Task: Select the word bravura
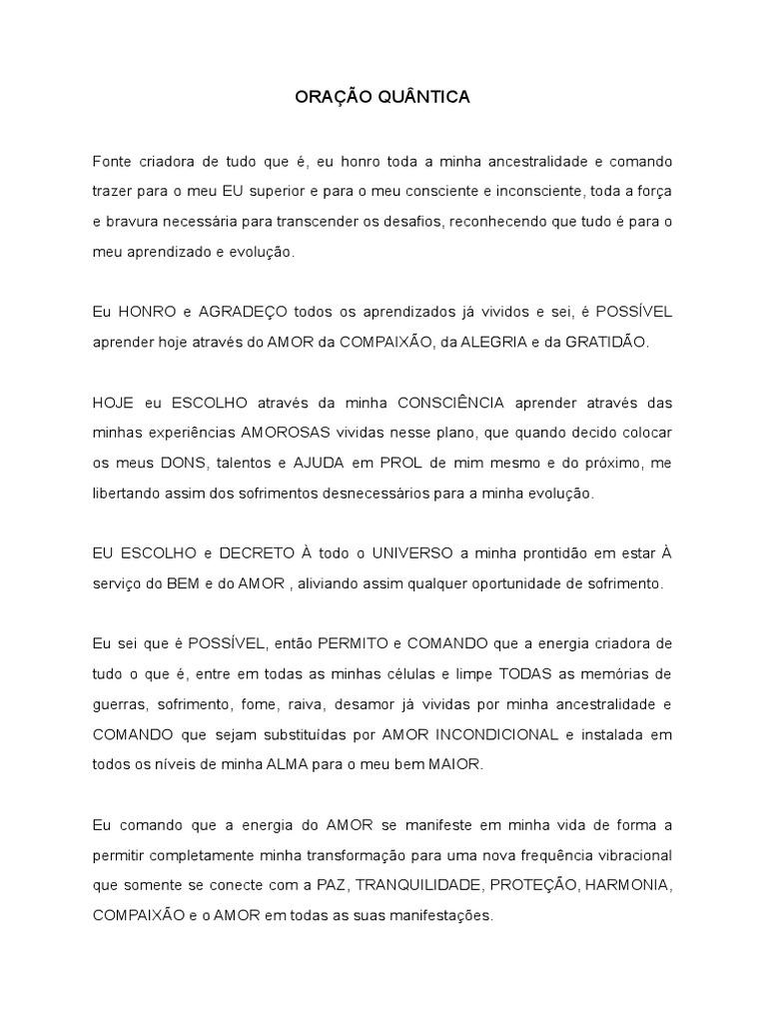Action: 131,222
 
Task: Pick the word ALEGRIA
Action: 486,342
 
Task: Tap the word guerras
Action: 118,704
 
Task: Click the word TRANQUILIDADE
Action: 424,885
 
